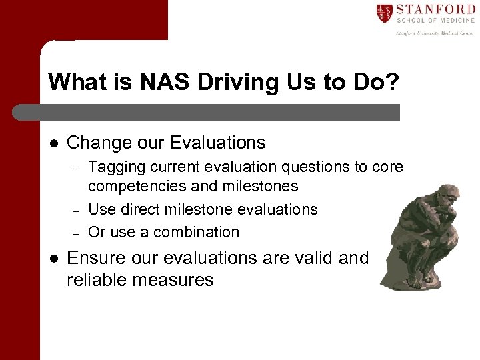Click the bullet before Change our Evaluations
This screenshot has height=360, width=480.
53,143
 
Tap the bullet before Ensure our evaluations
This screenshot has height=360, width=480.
53,258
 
